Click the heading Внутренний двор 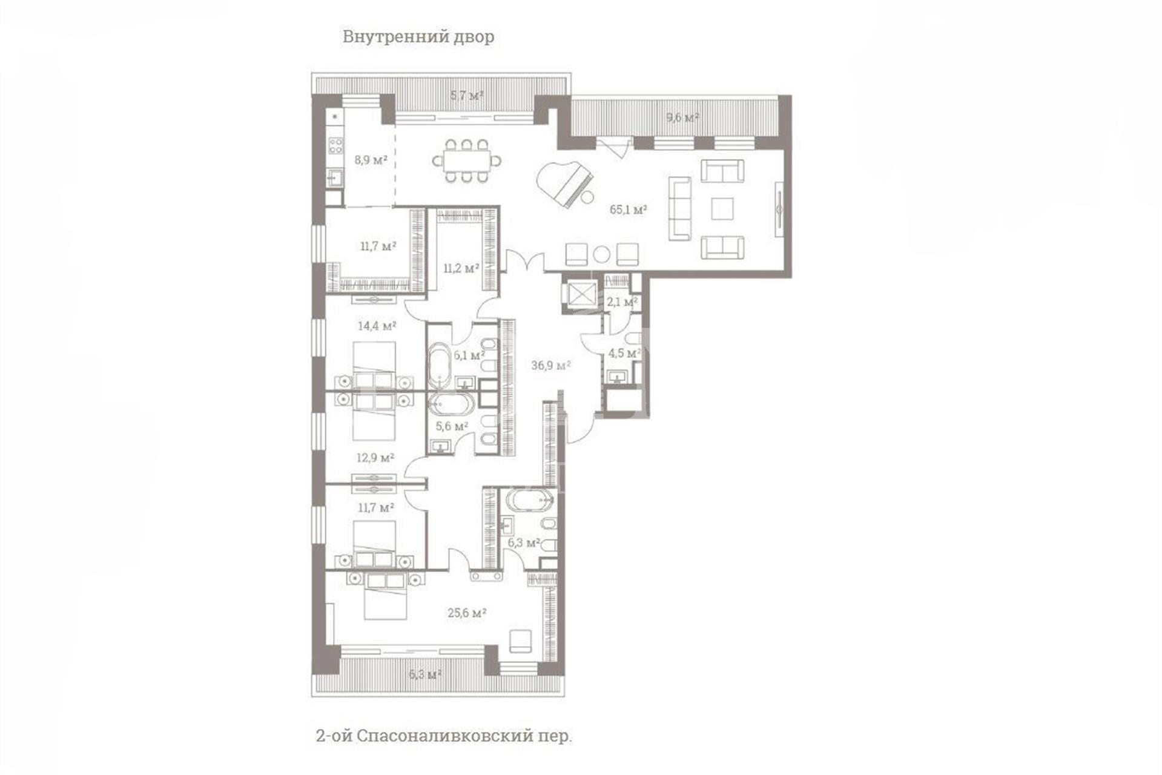(x=418, y=36)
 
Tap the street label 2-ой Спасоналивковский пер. (x=444, y=736)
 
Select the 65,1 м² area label (x=629, y=210)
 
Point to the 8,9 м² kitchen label (x=371, y=160)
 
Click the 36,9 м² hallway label (x=551, y=365)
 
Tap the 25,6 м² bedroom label (x=467, y=613)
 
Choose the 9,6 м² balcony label (x=682, y=117)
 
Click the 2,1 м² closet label (x=622, y=301)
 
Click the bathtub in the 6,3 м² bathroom (x=529, y=500)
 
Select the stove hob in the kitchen (x=335, y=145)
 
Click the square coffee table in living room (x=722, y=209)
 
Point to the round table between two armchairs (x=601, y=254)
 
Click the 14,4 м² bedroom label (x=377, y=326)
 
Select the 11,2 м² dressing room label (x=461, y=268)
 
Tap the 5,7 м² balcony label (x=466, y=95)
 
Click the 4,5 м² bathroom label (x=624, y=353)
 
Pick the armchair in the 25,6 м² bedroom (x=520, y=641)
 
